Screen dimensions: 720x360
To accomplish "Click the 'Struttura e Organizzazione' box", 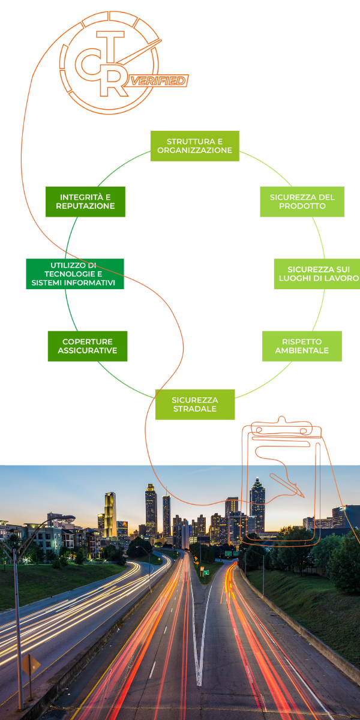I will coord(194,146).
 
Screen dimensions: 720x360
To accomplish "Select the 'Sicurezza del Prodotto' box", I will coord(302,201).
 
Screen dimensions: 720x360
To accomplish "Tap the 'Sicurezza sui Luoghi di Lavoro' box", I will coord(317,274).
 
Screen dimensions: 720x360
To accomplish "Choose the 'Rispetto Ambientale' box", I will coord(302,346).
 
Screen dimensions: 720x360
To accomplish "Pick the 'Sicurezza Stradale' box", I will coord(194,404).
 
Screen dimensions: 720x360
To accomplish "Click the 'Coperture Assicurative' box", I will coord(88,346).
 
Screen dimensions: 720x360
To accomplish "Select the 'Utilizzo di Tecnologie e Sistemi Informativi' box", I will coord(75,274).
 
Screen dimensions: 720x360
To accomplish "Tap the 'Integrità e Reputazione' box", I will coord(85,201).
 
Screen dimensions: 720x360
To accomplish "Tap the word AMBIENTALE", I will coord(302,350).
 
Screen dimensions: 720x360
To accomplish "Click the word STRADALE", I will coord(194,409).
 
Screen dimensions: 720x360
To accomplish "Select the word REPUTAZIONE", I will coord(85,206).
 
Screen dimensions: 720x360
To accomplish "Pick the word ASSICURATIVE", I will coord(88,350).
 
